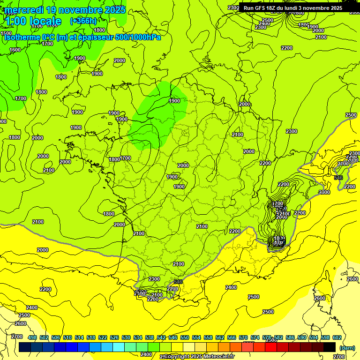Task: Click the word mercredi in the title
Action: pyautogui.click(x=24, y=10)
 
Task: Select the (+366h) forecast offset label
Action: pyautogui.click(x=83, y=21)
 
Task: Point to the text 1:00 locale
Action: pyautogui.click(x=33, y=21)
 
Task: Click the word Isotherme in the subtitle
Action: pyautogui.click(x=22, y=37)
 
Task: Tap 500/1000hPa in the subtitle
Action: pyautogui.click(x=141, y=37)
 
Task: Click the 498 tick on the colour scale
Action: pyautogui.click(x=32, y=337)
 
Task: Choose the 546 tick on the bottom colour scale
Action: pyautogui.click(x=173, y=337)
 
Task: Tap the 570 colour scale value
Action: pyautogui.click(x=243, y=337)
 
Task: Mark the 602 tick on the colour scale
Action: pyautogui.click(x=337, y=337)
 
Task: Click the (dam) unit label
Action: pyautogui.click(x=347, y=347)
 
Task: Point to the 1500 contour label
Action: pyautogui.click(x=6, y=33)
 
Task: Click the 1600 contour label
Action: pyautogui.click(x=15, y=50)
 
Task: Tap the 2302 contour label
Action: pyautogui.click(x=233, y=7)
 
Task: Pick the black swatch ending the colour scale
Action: pyautogui.click(x=330, y=347)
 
